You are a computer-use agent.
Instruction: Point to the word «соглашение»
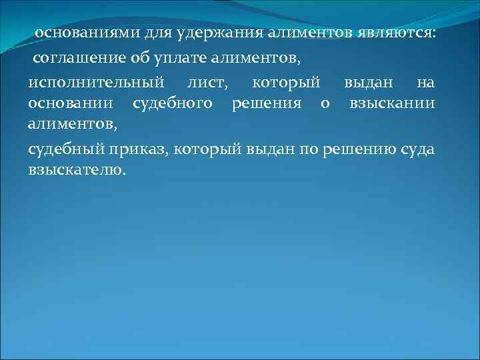click(77, 59)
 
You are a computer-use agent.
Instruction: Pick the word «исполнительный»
click(96, 83)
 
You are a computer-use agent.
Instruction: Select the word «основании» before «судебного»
click(70, 103)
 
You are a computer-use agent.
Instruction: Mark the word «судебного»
click(173, 103)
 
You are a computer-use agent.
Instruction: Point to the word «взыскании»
click(393, 103)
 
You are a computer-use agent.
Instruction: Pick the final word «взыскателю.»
click(77, 170)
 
